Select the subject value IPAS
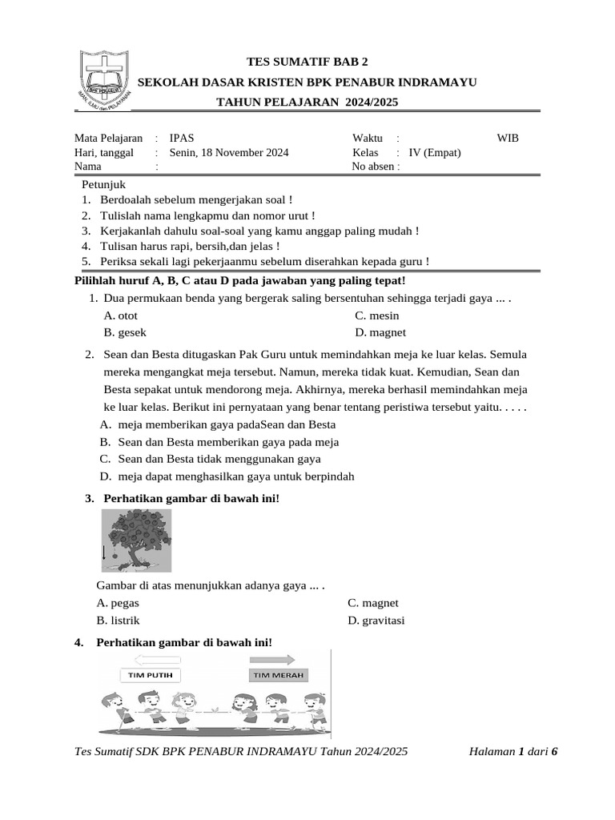[182, 138]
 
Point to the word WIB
[508, 138]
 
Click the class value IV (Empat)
[434, 152]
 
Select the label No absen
[375, 167]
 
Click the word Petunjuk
[105, 185]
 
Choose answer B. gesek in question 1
[125, 332]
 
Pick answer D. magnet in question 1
[380, 332]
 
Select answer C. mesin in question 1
[377, 316]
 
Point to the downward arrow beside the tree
[104, 553]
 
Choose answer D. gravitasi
[376, 621]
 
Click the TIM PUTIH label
[151, 675]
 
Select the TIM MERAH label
[278, 675]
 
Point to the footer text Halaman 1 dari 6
[512, 751]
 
